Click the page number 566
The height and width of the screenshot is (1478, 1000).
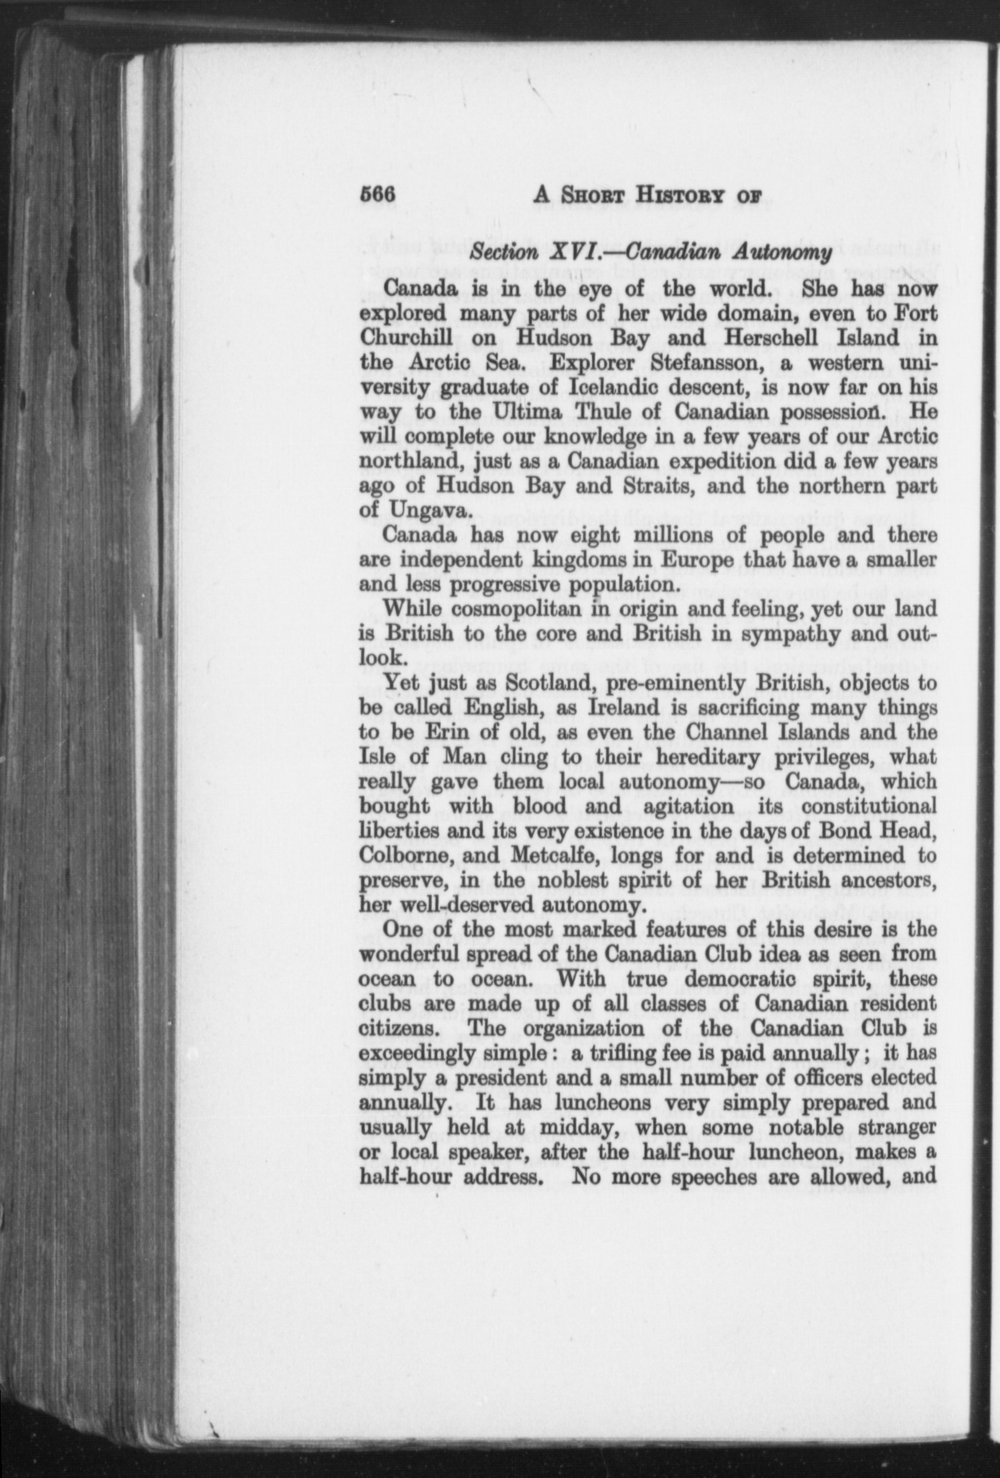[x=380, y=196]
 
